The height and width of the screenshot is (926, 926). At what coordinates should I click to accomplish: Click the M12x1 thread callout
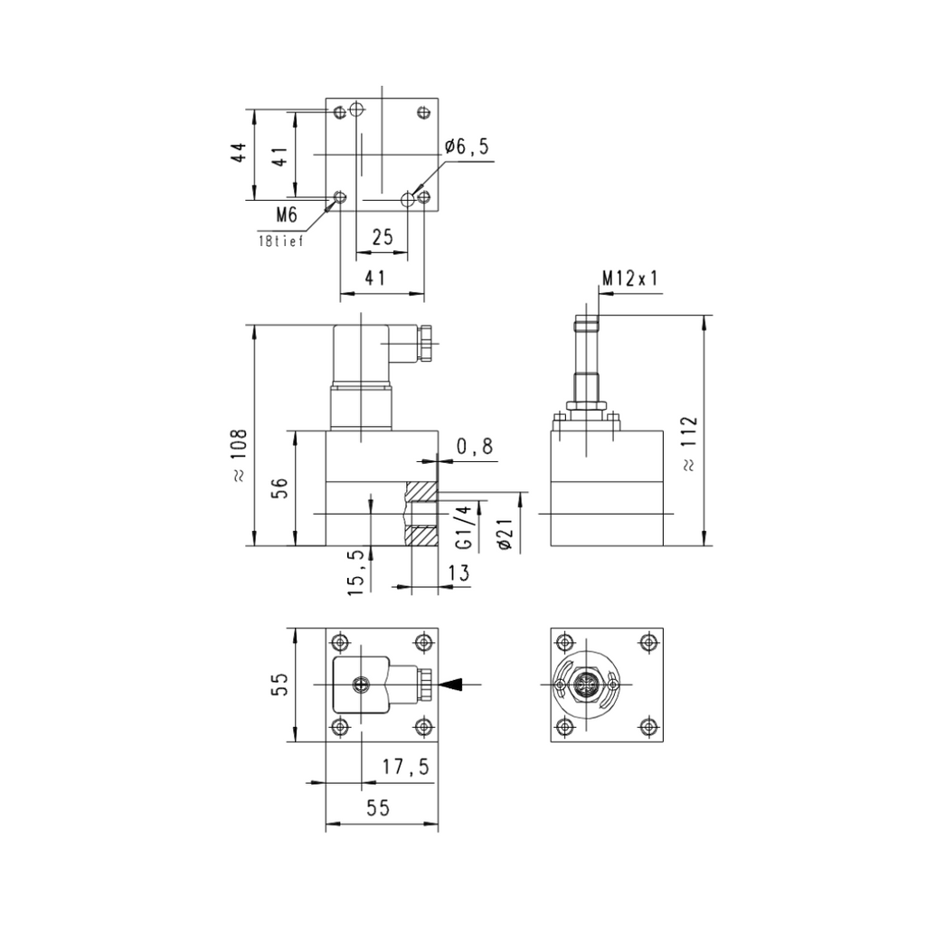[x=629, y=279]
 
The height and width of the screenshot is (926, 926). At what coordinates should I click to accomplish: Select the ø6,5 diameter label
[x=468, y=146]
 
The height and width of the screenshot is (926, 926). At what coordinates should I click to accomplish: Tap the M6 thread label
[x=287, y=215]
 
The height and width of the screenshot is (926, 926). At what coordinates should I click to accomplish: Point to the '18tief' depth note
[x=281, y=241]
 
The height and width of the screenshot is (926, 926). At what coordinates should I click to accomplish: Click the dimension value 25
[x=383, y=237]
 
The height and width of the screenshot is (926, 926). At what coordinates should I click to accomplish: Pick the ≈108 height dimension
[x=239, y=456]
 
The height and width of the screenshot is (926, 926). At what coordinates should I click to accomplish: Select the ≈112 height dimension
[x=688, y=443]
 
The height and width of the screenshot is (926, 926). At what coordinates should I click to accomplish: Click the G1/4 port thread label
[x=466, y=527]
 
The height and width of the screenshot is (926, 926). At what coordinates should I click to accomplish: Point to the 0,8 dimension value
[x=475, y=447]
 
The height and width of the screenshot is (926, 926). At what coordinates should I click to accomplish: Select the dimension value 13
[x=458, y=572]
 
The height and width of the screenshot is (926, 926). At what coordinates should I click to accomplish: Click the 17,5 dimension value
[x=406, y=767]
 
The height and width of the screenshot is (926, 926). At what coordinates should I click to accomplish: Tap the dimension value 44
[x=239, y=153]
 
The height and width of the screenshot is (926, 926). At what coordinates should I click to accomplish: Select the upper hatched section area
[x=421, y=491]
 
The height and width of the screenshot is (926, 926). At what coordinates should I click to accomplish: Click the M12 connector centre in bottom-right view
[x=585, y=685]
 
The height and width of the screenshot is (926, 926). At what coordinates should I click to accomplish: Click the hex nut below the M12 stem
[x=585, y=406]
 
